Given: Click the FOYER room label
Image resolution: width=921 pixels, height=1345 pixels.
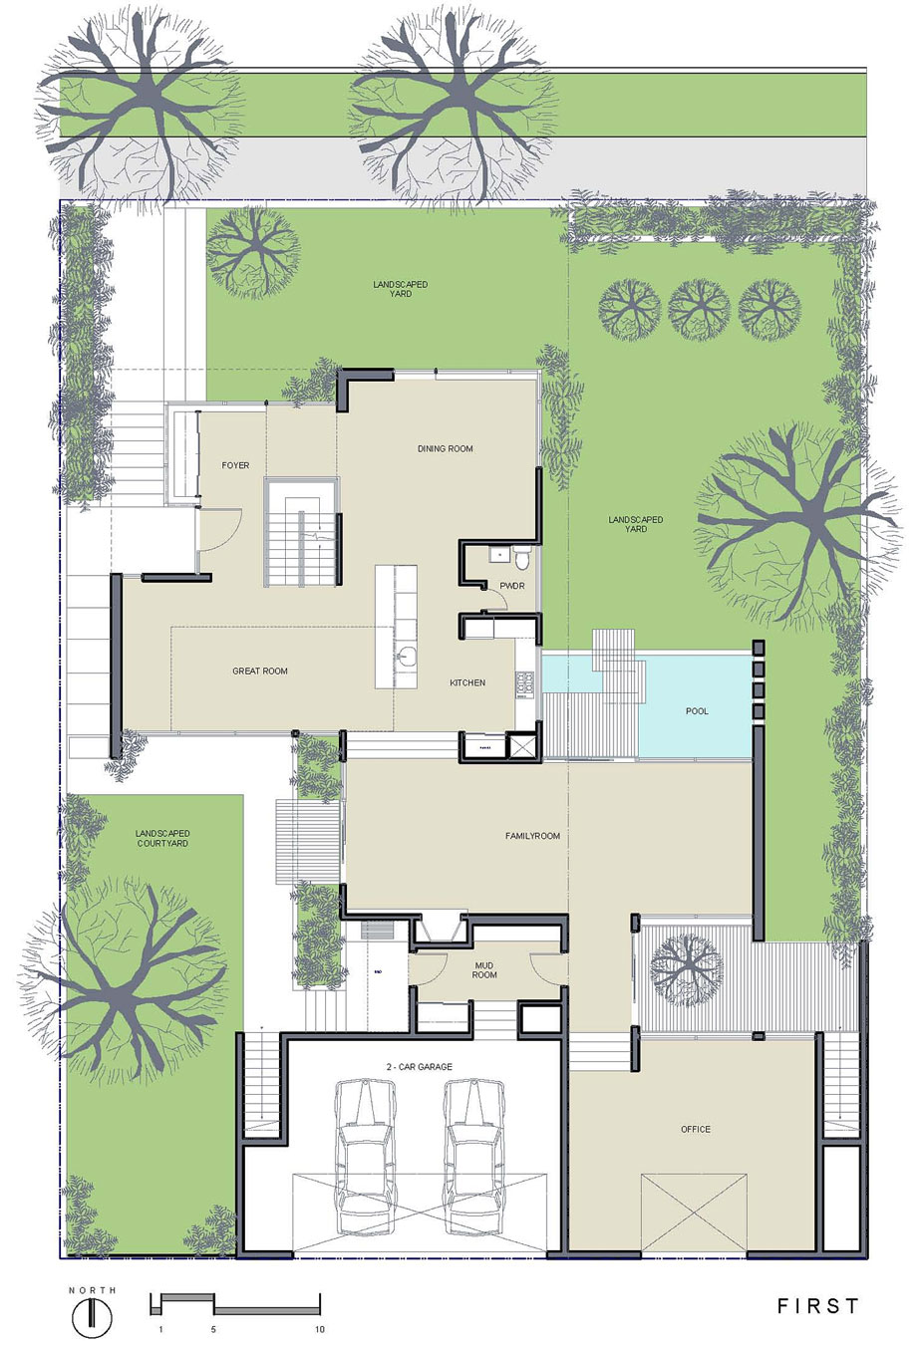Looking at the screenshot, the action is (x=235, y=465).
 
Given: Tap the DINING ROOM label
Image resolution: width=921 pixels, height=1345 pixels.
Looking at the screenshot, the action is (x=446, y=448).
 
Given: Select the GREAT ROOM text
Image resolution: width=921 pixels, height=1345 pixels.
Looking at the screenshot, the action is (x=260, y=671).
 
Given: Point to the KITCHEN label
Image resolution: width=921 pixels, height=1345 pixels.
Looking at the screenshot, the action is (x=467, y=682).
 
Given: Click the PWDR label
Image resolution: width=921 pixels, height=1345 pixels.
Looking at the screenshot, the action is (x=512, y=586).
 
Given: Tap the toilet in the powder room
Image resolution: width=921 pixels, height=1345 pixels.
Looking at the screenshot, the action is (x=522, y=558).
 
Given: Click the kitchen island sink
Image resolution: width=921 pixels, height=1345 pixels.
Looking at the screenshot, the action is (x=407, y=656).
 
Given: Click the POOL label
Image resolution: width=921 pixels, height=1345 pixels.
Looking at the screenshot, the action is (x=697, y=711).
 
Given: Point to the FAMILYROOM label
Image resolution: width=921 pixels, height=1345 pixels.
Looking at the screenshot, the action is (x=532, y=836).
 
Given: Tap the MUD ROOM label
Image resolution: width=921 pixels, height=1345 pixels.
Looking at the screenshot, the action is (x=484, y=970).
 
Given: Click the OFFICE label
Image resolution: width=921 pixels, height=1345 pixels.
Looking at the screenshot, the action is (x=696, y=1130).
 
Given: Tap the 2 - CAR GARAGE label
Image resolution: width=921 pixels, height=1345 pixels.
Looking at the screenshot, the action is (x=420, y=1066).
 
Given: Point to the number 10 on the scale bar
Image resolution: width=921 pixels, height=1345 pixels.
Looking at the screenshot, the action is (x=320, y=1330).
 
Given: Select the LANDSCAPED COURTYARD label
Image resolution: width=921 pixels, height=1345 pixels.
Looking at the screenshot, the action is (x=162, y=838).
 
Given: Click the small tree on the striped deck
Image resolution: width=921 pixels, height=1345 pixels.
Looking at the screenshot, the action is (x=688, y=968).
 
